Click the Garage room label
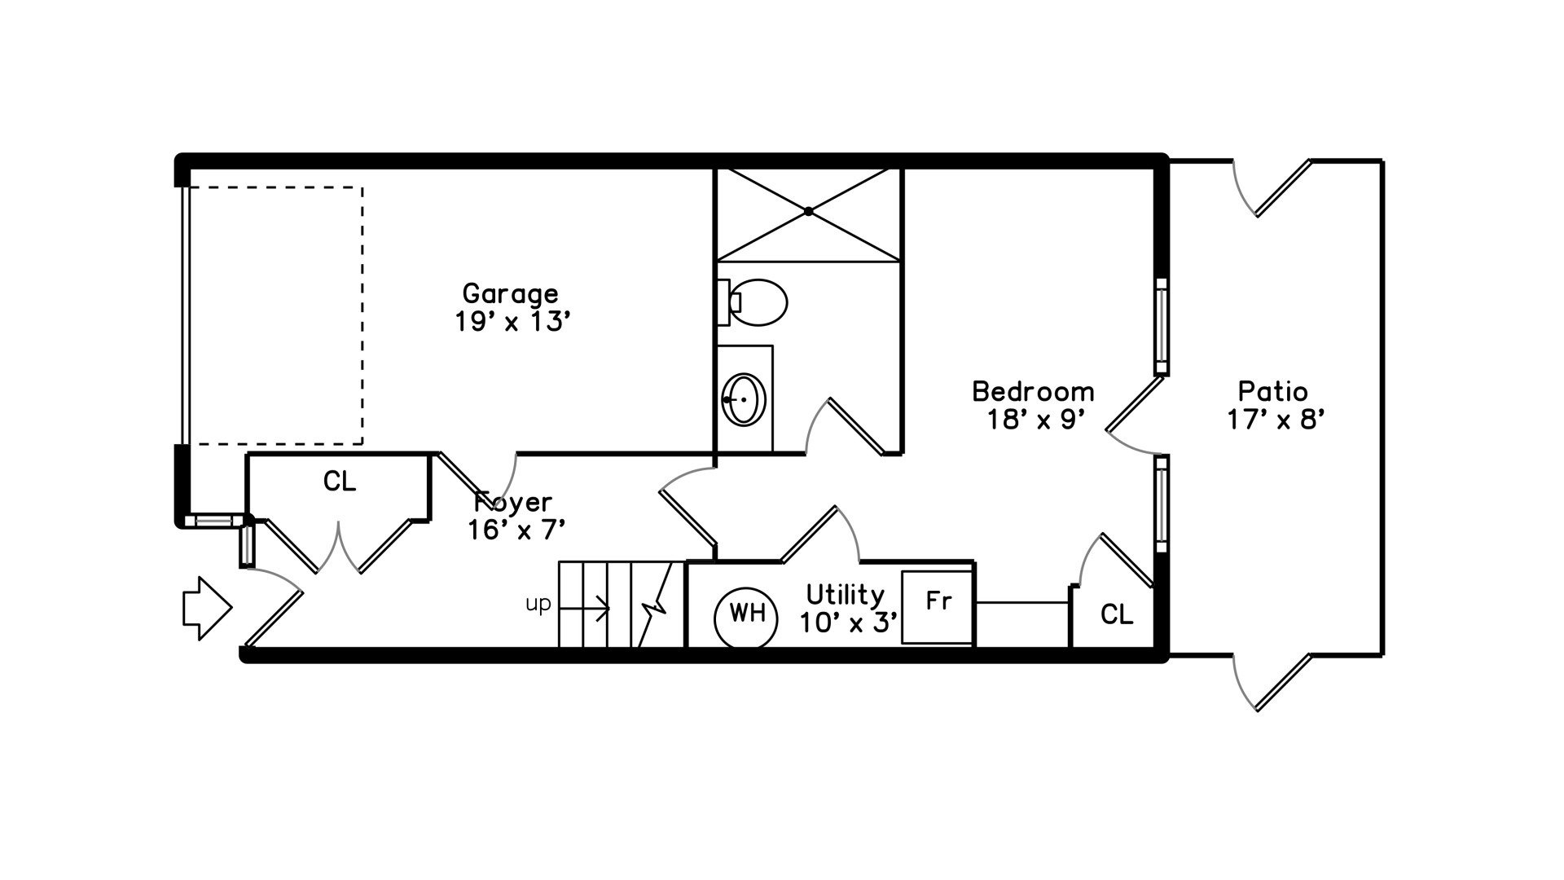[511, 293]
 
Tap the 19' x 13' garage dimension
[511, 322]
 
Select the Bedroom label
[1033, 391]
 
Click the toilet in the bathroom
[753, 302]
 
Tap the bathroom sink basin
[745, 399]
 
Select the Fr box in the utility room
[938, 608]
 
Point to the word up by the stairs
[538, 605]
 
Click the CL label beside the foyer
[340, 482]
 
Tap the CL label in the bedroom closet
[1117, 614]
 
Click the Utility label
[846, 595]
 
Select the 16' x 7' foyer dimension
[516, 530]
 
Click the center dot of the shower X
[809, 211]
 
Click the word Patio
[1273, 391]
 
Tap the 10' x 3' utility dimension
[849, 623]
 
